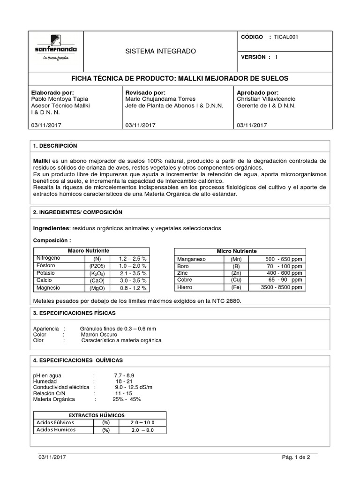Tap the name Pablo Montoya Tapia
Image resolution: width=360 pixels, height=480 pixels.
pos(60,99)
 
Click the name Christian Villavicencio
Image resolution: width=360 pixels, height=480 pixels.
pos(271,99)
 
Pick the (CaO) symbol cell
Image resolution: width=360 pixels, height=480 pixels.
pos(97,280)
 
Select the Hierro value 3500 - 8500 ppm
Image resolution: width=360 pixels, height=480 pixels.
pos(281,287)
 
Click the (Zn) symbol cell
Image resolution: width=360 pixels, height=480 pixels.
pos(236,273)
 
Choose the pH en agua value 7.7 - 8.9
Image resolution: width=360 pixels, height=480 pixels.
pos(124,376)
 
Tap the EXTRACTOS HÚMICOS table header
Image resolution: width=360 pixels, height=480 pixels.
pos(97,415)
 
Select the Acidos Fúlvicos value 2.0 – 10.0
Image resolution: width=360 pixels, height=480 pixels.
pos(142,423)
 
